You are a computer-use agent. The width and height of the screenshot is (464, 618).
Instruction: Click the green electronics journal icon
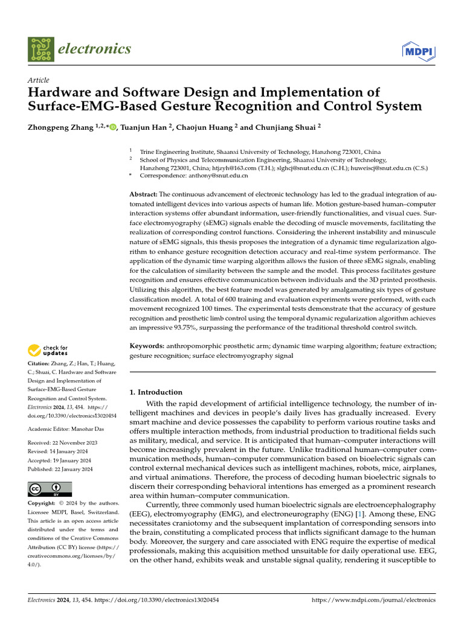(x=40, y=49)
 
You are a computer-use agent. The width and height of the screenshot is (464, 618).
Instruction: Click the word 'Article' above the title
(x=39, y=80)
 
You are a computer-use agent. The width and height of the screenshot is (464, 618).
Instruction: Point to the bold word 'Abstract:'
(x=144, y=194)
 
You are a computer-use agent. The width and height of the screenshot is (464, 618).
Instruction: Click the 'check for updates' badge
(x=48, y=349)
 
